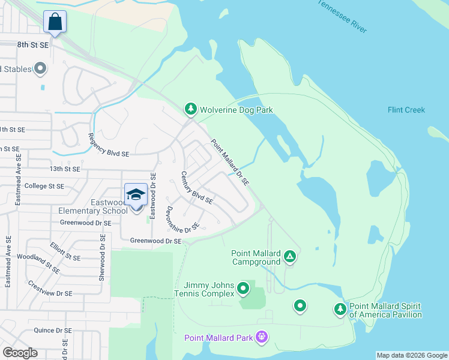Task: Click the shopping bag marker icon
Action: [x=55, y=22]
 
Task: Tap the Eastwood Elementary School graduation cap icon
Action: [x=136, y=194]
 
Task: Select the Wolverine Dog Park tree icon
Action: [x=191, y=109]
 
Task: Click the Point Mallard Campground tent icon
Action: [x=290, y=257]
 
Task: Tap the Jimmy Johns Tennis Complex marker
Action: [x=243, y=289]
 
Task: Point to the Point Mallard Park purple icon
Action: [x=261, y=337]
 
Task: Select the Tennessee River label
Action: [x=342, y=16]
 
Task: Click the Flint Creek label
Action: [x=406, y=110]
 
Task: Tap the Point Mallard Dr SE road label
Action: [x=229, y=162]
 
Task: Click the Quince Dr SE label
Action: [x=53, y=329]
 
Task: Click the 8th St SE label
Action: [x=32, y=44]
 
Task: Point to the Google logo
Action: [x=20, y=353]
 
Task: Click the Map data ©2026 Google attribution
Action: [x=412, y=355]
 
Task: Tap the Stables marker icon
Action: [x=41, y=69]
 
